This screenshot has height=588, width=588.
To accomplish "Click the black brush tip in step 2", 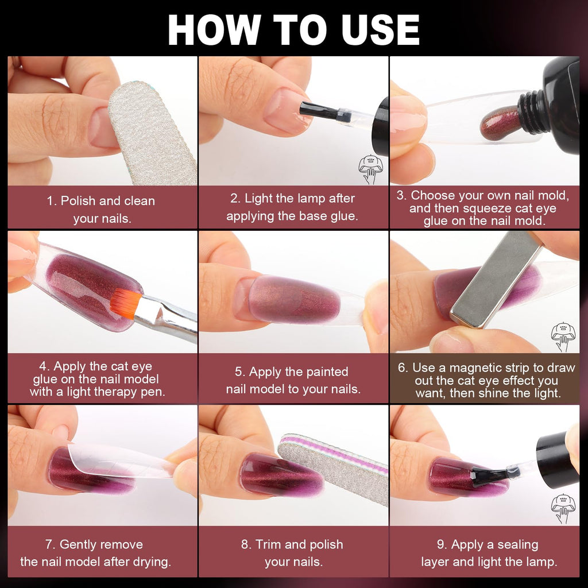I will pos(318,110).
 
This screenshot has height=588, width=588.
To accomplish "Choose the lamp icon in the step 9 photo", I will pos(562,508).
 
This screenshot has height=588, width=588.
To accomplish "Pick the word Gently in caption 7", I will pos(78,544).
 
